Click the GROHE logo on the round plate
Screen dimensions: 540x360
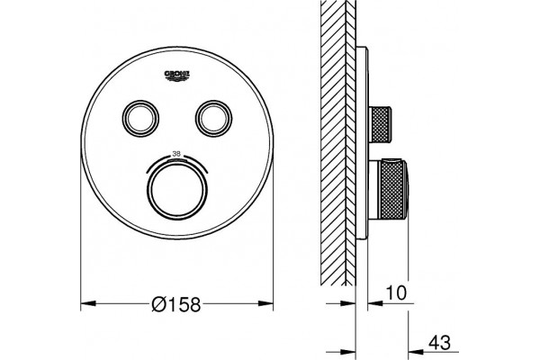[177, 76]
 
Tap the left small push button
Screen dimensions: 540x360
[140, 118]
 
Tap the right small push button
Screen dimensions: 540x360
[214, 118]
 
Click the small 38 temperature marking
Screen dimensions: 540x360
[176, 154]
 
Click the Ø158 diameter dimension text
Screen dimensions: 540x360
[176, 304]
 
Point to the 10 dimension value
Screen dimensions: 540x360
[396, 292]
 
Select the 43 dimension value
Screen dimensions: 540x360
[439, 342]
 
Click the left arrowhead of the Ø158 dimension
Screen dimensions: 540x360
[88, 303]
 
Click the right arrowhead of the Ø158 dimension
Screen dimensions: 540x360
[265, 303]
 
